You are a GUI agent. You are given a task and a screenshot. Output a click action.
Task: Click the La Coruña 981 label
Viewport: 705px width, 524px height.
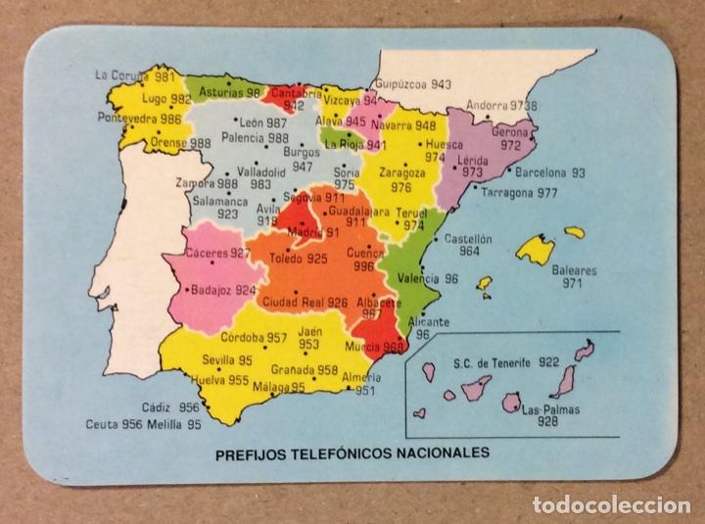[x=135, y=75]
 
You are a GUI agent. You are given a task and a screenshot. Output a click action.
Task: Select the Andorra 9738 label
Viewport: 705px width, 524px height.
[x=501, y=106]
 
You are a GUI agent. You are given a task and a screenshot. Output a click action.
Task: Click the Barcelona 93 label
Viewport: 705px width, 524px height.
[x=550, y=172]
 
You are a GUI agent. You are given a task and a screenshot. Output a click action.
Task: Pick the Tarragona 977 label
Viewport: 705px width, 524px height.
[x=519, y=193]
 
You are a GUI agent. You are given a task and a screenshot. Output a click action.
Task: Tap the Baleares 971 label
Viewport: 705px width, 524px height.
[x=573, y=277]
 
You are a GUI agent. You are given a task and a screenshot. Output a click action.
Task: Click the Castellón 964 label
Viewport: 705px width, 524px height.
[x=468, y=244]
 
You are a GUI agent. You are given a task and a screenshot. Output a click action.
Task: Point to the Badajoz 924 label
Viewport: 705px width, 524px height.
[x=224, y=290]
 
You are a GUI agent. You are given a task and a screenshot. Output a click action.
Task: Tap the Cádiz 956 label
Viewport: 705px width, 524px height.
[x=169, y=407]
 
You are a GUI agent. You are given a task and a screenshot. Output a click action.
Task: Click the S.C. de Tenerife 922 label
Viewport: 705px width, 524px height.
[x=506, y=362]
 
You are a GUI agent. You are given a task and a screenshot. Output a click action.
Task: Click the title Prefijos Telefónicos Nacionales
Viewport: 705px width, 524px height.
[x=352, y=453]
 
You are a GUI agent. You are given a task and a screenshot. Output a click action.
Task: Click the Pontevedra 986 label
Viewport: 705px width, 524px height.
[x=143, y=119]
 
